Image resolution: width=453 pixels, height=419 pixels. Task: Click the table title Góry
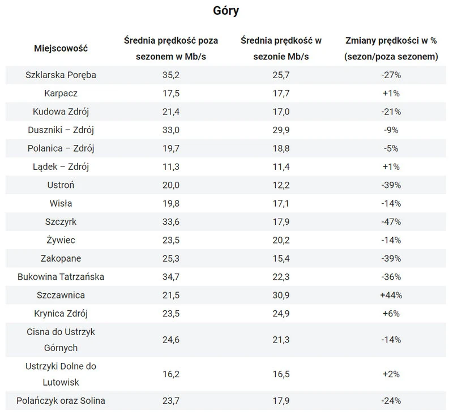[226, 11]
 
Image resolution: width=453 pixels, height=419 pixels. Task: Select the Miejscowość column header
[61, 48]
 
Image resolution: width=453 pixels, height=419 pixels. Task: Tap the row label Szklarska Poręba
[61, 75]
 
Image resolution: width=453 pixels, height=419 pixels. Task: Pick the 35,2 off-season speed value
[171, 75]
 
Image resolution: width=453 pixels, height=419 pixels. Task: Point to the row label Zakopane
[61, 259]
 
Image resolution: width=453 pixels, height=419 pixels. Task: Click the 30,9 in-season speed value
[281, 296]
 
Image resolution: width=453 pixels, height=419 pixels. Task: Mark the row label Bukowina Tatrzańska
[61, 277]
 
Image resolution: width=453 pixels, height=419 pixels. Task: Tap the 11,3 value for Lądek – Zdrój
[171, 166]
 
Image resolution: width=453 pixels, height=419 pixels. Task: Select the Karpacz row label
[61, 93]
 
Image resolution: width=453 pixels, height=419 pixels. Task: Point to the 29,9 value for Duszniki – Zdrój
[281, 130]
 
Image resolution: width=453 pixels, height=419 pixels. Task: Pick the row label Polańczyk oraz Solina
[61, 401]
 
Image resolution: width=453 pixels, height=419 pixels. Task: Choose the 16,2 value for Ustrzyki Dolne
[171, 374]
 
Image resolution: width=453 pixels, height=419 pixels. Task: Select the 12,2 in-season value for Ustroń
[281, 185]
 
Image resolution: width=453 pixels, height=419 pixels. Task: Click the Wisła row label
[61, 203]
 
